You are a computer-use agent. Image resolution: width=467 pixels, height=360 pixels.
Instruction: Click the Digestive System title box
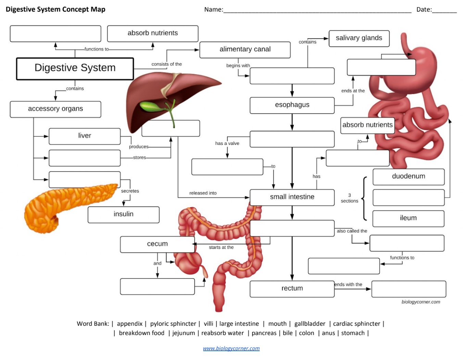[75, 69]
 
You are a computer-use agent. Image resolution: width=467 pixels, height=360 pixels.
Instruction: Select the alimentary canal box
[245, 50]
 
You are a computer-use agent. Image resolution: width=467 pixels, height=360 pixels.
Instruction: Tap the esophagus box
[292, 105]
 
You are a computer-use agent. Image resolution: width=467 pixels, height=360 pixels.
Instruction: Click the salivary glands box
[359, 38]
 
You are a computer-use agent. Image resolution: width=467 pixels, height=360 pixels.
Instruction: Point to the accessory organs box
[55, 109]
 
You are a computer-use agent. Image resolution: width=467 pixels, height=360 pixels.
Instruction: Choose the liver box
[85, 136]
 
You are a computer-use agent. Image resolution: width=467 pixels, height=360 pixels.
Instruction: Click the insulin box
[123, 214]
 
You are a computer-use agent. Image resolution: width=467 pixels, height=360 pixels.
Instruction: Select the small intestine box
[292, 197]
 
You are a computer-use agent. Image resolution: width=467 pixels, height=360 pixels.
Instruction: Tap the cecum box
[157, 244]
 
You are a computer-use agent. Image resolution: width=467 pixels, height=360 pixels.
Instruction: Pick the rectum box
[292, 289]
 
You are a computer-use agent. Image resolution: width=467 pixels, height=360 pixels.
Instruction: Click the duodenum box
[408, 177]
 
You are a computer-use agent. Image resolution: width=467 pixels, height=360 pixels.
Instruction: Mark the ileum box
[408, 218]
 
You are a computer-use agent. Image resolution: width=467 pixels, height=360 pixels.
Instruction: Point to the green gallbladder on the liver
[151, 107]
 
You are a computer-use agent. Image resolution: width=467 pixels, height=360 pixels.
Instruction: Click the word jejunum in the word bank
[184, 333]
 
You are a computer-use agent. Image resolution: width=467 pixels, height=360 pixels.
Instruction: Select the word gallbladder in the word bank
[310, 324]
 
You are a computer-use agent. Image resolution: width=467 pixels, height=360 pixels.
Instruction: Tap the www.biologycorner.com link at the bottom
[231, 348]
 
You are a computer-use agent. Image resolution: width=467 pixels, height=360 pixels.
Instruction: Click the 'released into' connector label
[203, 193]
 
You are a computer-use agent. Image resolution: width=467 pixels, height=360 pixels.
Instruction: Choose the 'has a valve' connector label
[227, 144]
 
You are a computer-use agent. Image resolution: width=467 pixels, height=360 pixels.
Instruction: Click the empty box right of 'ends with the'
[408, 289]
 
